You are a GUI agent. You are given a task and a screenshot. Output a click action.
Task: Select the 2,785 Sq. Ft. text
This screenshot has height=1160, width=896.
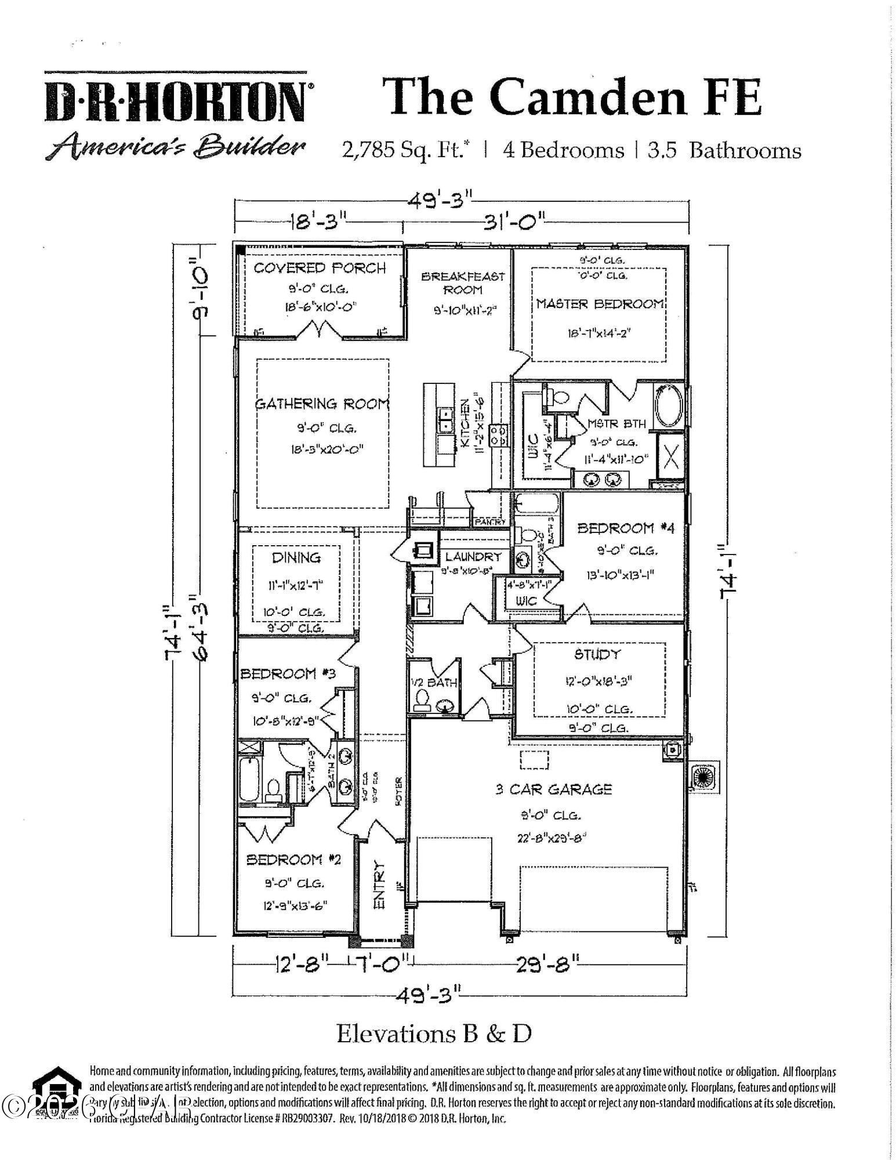(x=406, y=151)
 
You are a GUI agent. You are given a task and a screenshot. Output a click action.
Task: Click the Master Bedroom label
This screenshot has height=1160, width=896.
(x=599, y=304)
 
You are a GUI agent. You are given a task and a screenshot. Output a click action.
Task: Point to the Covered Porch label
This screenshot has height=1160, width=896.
(x=320, y=268)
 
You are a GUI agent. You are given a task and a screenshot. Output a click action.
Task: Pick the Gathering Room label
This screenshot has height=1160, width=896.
(x=322, y=404)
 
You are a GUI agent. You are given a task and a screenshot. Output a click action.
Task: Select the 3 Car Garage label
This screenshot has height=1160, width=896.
(x=553, y=789)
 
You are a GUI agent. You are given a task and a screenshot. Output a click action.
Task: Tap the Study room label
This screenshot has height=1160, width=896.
(x=597, y=654)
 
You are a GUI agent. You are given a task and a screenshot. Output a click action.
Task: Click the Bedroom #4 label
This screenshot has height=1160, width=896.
(x=626, y=528)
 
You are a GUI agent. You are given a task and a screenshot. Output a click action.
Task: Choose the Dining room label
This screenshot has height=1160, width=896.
(x=296, y=557)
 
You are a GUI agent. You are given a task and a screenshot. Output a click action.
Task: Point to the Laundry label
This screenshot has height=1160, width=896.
(x=473, y=556)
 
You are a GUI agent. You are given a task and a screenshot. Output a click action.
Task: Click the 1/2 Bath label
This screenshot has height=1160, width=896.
(x=434, y=683)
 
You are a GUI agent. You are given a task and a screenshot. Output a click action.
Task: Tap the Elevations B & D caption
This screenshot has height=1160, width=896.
(x=434, y=1033)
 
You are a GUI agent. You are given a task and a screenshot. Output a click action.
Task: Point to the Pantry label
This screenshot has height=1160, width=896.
(x=491, y=522)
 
